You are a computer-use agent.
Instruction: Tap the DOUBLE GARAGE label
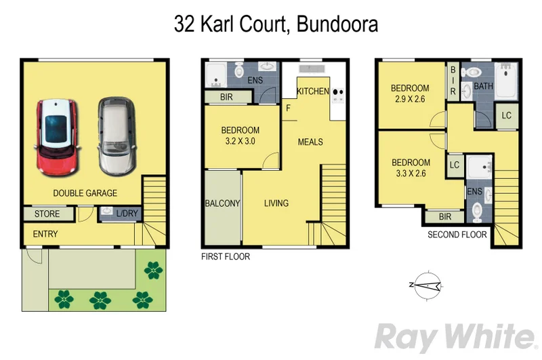[85, 193]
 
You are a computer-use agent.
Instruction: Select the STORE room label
[47, 214]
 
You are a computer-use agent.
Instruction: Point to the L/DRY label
[127, 214]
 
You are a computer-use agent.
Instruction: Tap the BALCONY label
[222, 203]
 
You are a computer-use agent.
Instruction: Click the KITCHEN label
[312, 91]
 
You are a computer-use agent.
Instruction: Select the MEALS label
[310, 142]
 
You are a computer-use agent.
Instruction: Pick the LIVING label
[276, 203]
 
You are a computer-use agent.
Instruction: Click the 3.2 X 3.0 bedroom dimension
[241, 142]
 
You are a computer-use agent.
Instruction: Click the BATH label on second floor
[484, 86]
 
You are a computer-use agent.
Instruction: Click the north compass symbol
[428, 284]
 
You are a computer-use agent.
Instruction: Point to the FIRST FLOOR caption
[226, 257]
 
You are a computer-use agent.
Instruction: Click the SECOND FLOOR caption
[457, 235]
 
